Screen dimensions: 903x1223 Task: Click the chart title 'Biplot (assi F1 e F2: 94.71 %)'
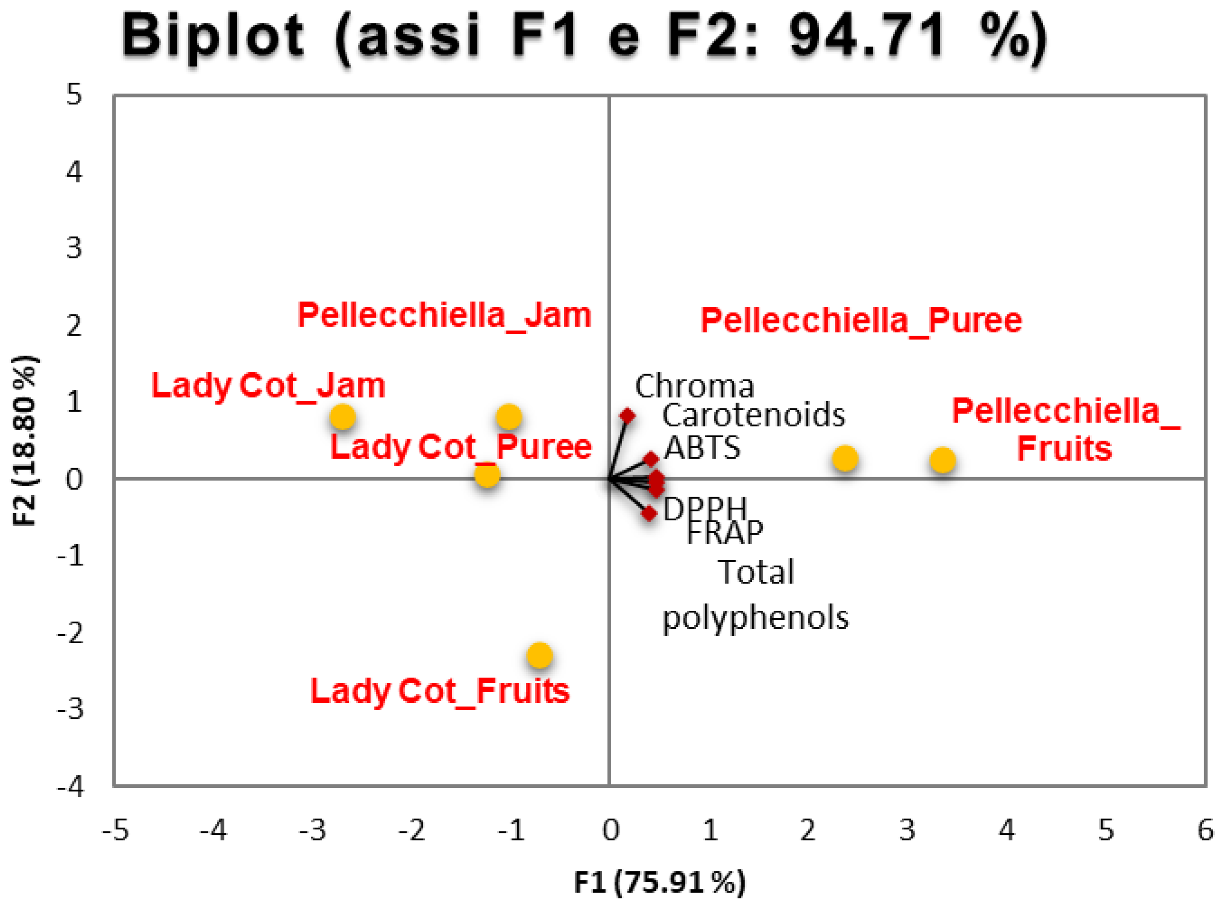point(584,37)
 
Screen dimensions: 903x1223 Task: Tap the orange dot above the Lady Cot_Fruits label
point(539,655)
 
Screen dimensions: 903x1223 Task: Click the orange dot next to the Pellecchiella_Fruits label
point(942,460)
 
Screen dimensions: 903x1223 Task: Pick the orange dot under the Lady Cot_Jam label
point(343,417)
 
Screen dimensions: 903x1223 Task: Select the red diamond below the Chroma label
point(627,416)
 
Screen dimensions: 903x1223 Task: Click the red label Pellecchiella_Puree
point(861,320)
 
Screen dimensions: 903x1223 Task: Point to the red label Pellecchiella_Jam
point(445,315)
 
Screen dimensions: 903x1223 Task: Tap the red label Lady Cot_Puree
point(461,447)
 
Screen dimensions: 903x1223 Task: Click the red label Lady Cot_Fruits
point(440,692)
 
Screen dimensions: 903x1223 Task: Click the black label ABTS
point(702,448)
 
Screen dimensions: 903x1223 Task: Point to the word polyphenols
point(755,618)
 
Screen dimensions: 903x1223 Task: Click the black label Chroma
point(694,387)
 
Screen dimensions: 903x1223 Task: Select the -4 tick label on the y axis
point(70,787)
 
